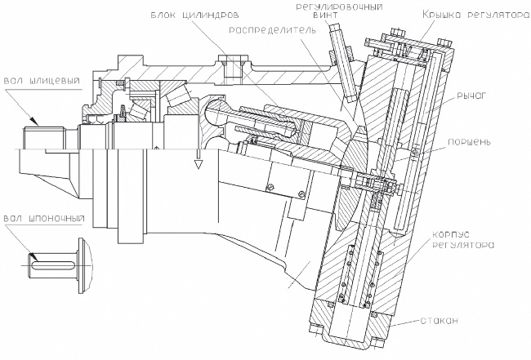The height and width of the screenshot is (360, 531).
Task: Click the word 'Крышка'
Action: click(443, 15)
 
